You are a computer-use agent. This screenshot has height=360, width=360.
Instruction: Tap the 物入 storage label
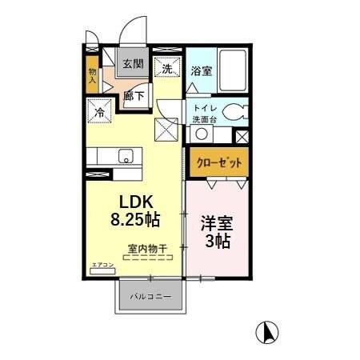click(93, 77)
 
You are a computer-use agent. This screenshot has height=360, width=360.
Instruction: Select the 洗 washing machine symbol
click(167, 69)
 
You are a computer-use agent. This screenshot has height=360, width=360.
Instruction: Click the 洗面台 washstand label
click(201, 118)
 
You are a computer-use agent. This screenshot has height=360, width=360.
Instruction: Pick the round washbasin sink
click(202, 134)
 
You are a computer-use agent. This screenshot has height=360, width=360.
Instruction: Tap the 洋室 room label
click(216, 222)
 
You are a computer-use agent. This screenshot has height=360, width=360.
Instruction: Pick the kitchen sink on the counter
click(126, 156)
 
